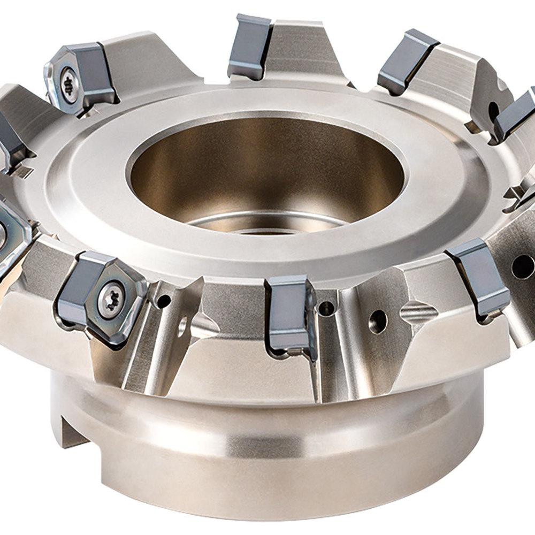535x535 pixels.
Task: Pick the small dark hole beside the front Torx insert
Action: click(x=162, y=302)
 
